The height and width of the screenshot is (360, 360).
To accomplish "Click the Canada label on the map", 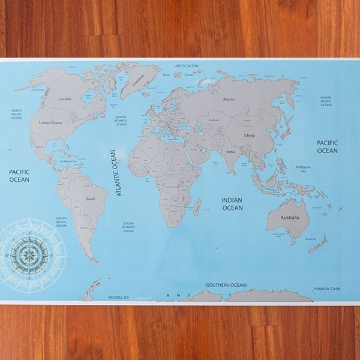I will pyautogui.click(x=65, y=99).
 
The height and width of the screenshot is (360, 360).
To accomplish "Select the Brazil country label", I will pyautogui.click(x=91, y=198).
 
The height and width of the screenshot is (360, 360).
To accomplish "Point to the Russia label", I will pyautogui.click(x=228, y=98).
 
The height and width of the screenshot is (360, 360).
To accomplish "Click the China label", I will pyautogui.click(x=250, y=136).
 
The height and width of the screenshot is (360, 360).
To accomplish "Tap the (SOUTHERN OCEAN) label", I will pyautogui.click(x=226, y=284).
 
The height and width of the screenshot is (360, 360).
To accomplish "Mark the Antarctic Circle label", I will pyautogui.click(x=327, y=289).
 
